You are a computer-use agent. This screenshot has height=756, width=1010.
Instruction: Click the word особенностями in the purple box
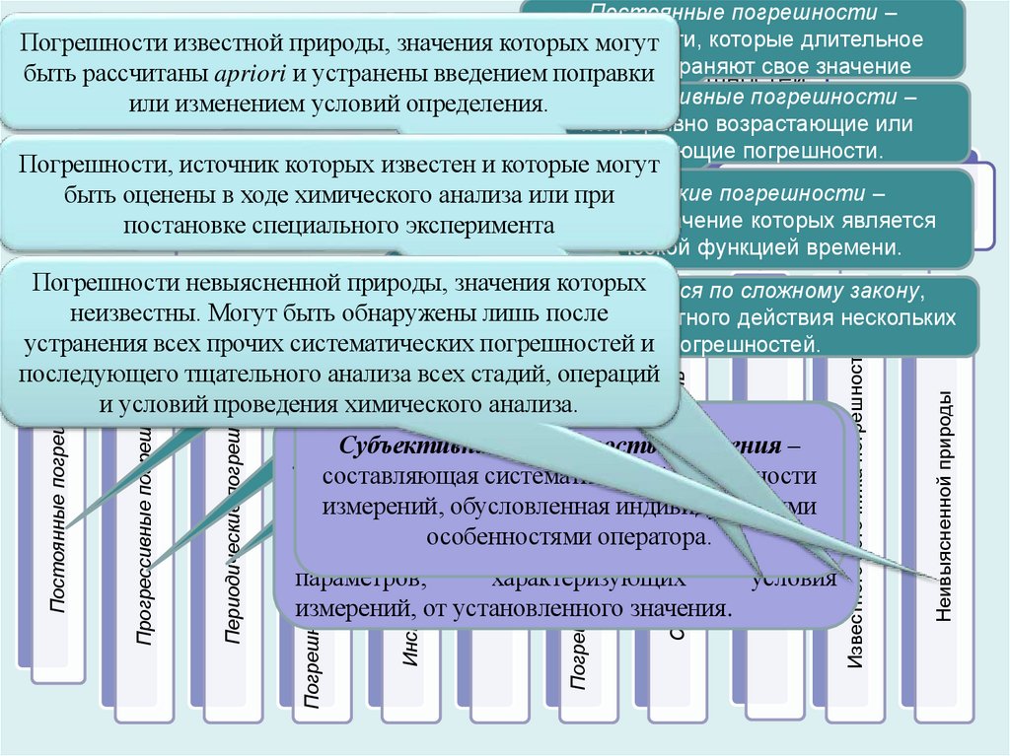(x=521, y=538)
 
